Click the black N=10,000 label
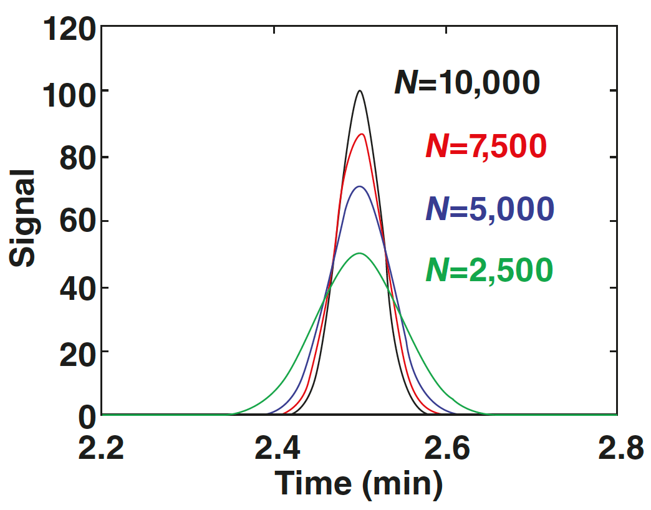(466, 83)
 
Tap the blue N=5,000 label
(489, 209)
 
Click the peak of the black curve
(360, 91)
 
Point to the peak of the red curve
(360, 134)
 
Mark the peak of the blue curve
(359, 186)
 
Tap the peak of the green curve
(359, 253)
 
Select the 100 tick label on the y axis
(69, 94)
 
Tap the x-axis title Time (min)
(359, 483)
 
